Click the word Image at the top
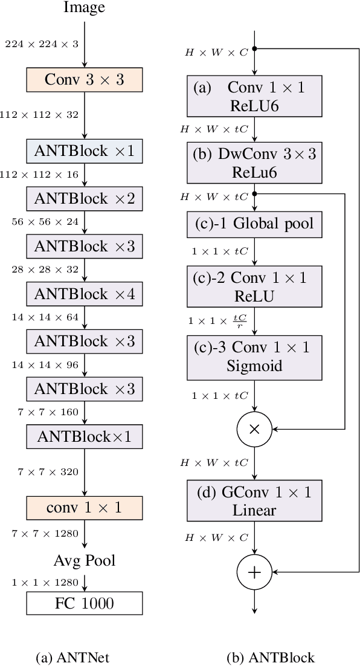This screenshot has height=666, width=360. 84,8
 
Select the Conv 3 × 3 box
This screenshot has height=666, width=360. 85,79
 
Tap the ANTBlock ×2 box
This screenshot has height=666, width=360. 85,198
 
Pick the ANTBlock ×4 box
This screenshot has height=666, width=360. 85,294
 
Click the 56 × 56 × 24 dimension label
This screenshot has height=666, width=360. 45,222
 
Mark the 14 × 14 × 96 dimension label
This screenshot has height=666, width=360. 45,366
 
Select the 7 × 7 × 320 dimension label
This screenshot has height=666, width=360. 48,472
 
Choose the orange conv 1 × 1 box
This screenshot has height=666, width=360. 85,508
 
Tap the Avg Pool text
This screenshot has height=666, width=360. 85,560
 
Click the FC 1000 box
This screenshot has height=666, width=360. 85,603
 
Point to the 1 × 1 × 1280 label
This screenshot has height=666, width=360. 45,582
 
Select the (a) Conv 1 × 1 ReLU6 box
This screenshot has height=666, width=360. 254,97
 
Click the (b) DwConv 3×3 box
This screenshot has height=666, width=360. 254,163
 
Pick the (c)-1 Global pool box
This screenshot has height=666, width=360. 254,224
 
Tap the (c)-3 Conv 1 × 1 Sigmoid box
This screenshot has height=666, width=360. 254,356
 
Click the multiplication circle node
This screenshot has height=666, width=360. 254,428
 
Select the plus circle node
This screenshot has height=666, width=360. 254,572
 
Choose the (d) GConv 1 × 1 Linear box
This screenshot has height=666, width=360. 254,501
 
